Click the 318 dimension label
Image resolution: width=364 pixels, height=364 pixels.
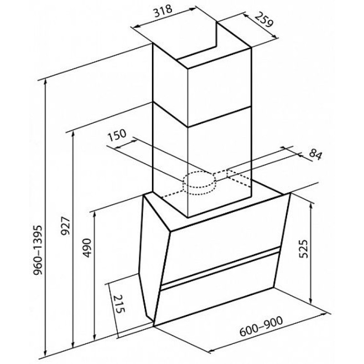tap(164, 11)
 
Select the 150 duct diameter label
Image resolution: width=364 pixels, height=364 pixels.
tap(117, 135)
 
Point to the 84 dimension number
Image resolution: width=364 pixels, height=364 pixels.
tap(315, 155)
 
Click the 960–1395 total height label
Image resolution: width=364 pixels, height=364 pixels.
tap(38, 250)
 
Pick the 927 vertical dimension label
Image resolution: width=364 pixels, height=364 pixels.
tap(65, 226)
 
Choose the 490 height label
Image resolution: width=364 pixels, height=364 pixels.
tap(87, 248)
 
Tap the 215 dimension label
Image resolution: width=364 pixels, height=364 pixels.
tap(120, 304)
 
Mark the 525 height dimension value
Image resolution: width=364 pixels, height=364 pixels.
tap(303, 248)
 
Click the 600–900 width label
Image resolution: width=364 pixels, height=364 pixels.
tap(261, 326)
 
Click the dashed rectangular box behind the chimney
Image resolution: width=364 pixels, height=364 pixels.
tap(239, 177)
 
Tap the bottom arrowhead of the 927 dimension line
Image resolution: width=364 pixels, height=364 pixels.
tap(73, 344)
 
